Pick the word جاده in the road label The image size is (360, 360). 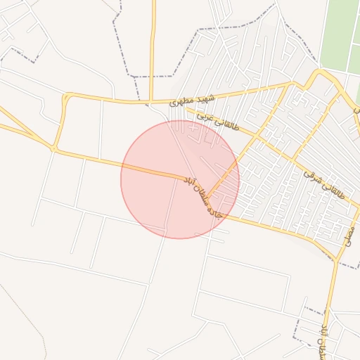point(215,208)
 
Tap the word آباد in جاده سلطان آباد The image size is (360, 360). point(188,182)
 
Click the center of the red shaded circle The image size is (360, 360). point(180,179)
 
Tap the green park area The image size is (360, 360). point(344,35)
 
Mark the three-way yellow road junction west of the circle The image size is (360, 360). point(53,149)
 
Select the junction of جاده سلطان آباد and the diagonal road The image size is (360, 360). point(209,196)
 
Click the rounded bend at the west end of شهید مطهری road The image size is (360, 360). point(65,98)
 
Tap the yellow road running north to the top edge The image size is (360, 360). point(153,42)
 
